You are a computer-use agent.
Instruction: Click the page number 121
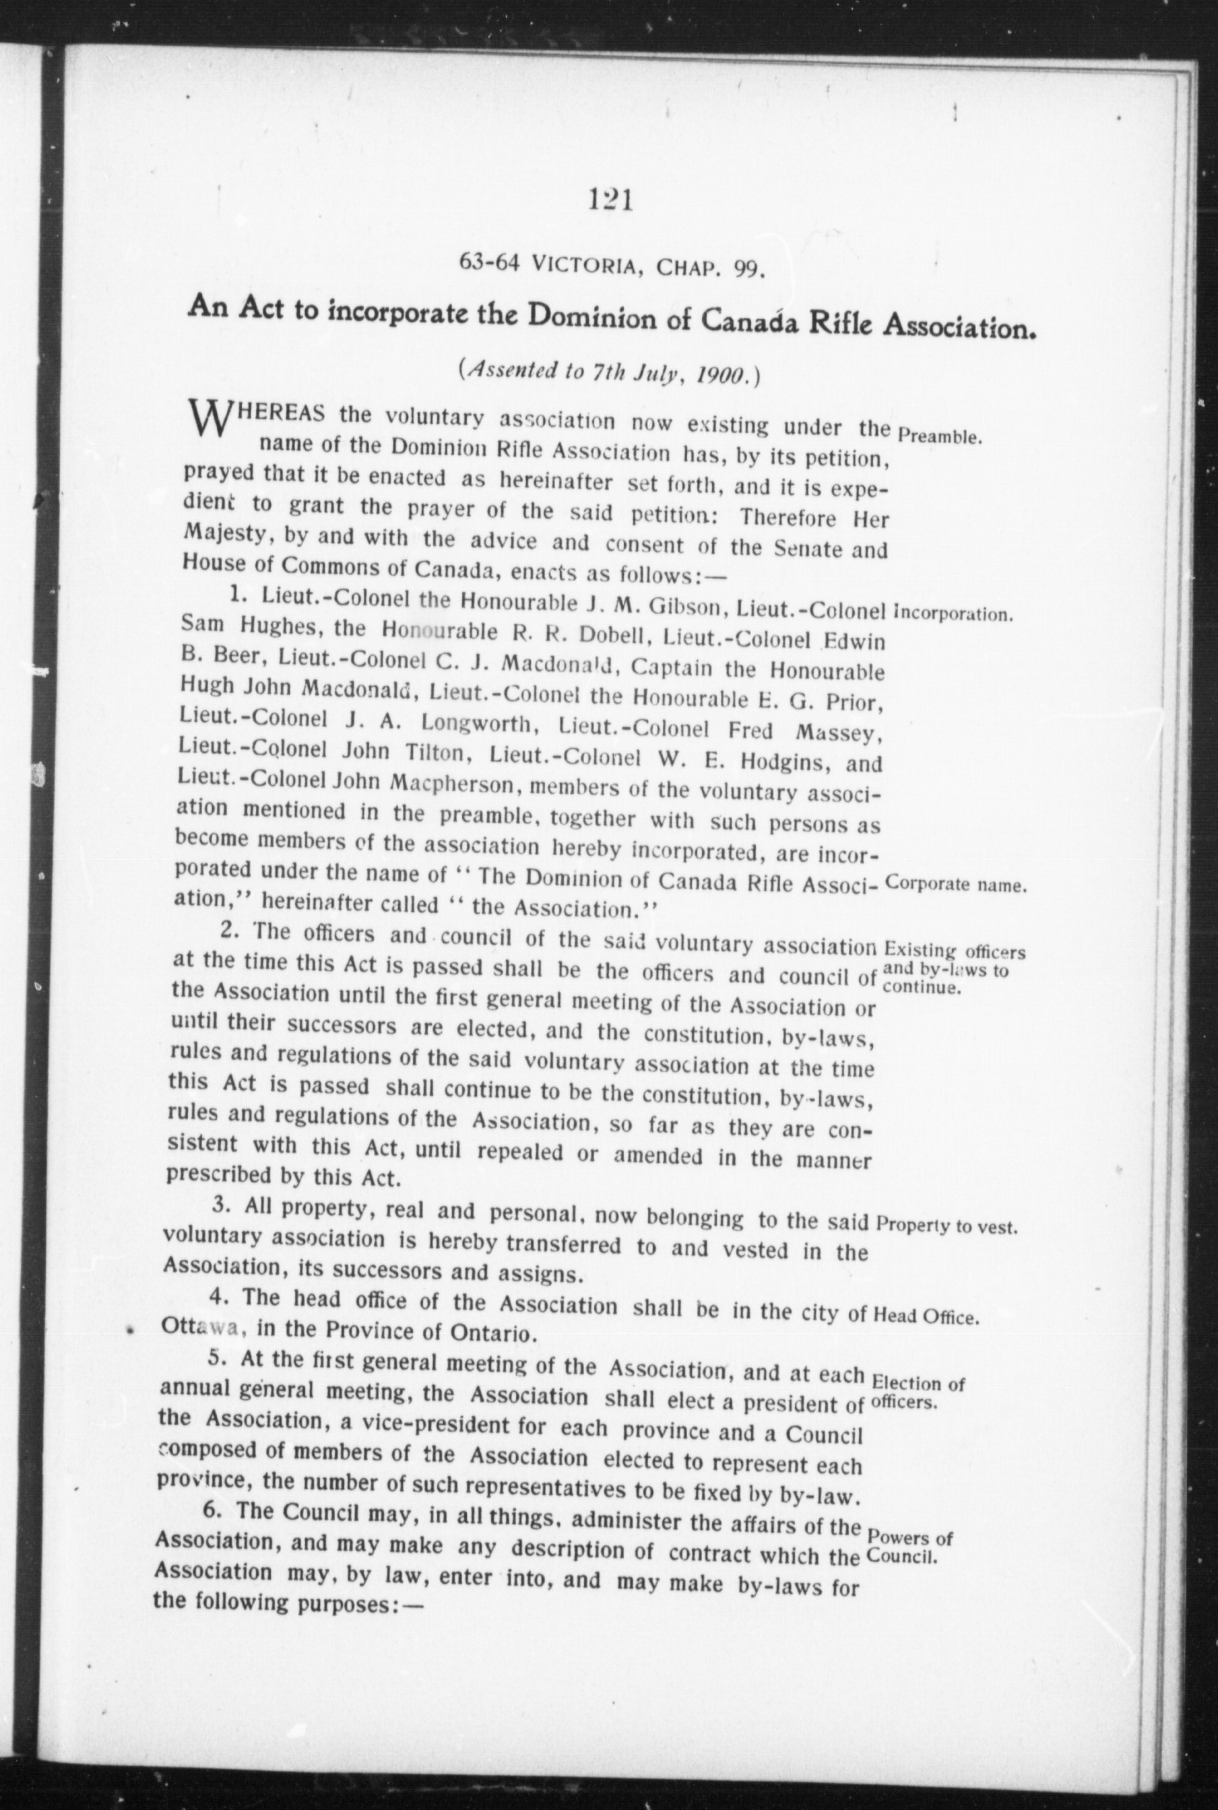click(x=610, y=201)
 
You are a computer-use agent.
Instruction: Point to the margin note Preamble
click(x=940, y=435)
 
